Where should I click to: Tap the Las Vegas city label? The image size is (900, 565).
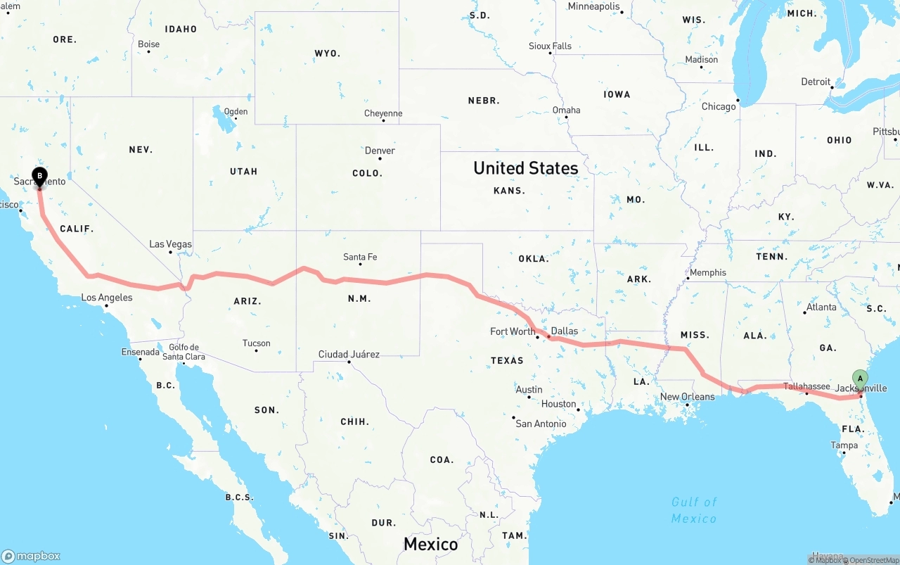170,244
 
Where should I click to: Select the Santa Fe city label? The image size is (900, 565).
360,257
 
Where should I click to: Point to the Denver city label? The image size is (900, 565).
380,151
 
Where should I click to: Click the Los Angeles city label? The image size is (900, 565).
107,298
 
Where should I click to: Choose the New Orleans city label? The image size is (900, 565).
687,397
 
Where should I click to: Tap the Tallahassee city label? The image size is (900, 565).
806,386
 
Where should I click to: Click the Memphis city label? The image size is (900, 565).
708,272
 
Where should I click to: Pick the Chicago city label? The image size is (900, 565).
719,106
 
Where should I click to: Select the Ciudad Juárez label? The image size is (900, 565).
349,354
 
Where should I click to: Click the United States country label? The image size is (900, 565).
526,168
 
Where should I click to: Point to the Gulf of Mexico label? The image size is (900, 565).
694,510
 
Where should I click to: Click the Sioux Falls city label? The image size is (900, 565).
550,46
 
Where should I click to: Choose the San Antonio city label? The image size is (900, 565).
541,424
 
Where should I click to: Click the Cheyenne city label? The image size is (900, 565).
383,113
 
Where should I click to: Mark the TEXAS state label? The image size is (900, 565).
507,360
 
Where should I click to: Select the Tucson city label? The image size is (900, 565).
256,343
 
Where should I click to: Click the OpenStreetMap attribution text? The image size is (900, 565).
873,560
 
